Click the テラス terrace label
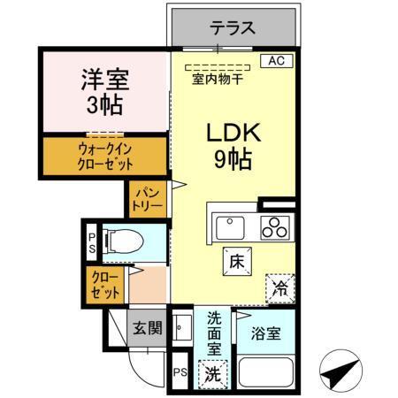click(x=233, y=28)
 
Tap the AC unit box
click(x=276, y=61)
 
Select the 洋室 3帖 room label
click(x=105, y=90)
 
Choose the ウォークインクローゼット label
click(x=105, y=157)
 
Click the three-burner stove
click(x=274, y=226)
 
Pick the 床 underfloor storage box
click(x=236, y=262)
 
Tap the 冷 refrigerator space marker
click(x=279, y=287)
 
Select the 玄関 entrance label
click(x=147, y=329)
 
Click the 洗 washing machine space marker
click(x=213, y=374)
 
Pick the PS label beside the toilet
click(x=92, y=242)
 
